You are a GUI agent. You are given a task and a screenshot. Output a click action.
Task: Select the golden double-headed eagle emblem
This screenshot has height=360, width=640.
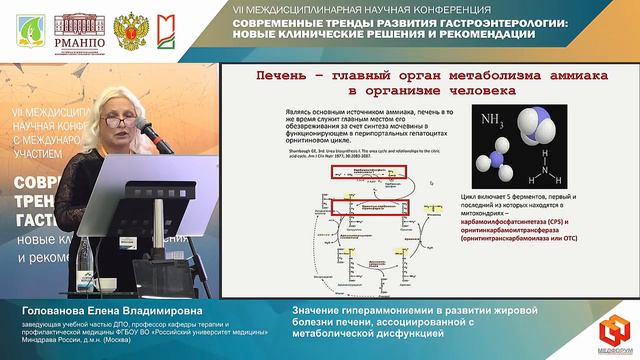pos(127,30)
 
